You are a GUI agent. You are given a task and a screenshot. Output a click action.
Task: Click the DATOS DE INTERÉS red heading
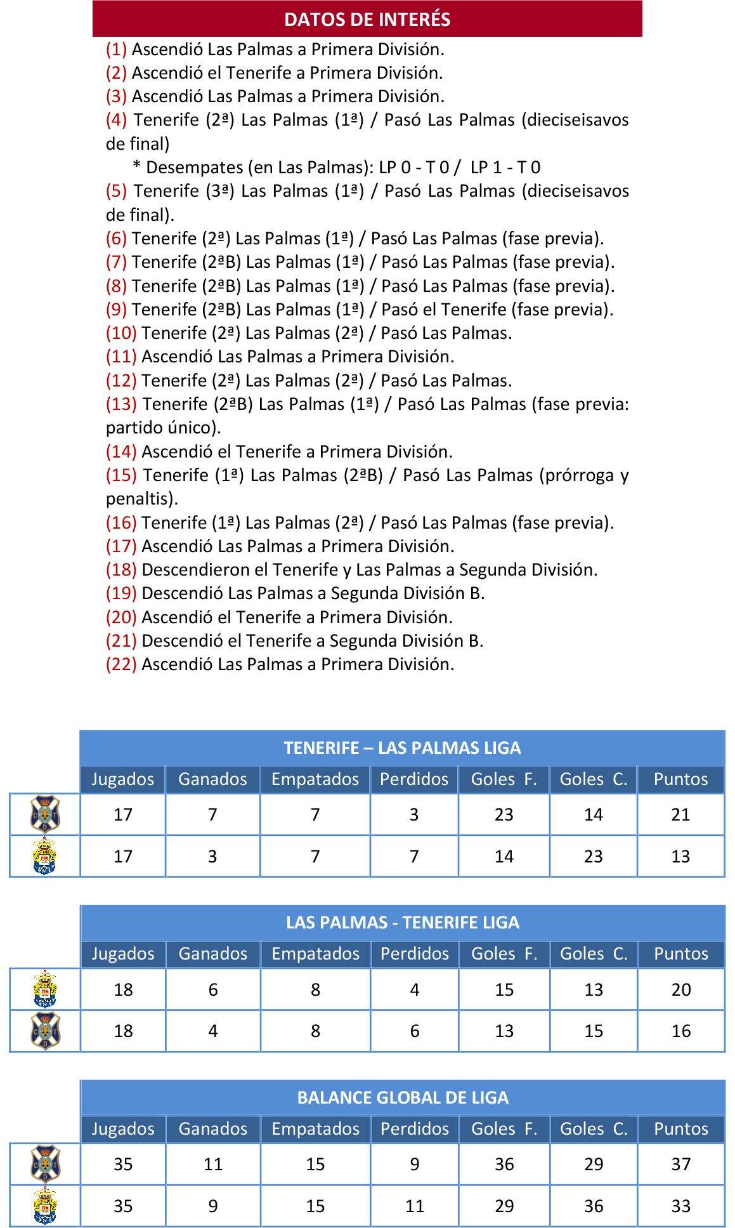click(367, 19)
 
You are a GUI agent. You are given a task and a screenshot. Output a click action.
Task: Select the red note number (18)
click(121, 569)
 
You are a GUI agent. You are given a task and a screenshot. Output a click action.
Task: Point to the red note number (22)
click(121, 664)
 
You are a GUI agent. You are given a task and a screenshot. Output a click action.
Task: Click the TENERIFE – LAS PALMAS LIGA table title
click(402, 748)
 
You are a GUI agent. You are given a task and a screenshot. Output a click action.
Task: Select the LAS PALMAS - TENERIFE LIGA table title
click(402, 922)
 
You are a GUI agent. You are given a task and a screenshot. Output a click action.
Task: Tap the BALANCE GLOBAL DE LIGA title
click(402, 1097)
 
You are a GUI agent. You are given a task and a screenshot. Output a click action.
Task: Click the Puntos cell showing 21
click(680, 814)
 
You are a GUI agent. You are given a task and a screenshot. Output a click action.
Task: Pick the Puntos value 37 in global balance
click(680, 1164)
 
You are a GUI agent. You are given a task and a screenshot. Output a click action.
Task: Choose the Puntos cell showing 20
click(680, 989)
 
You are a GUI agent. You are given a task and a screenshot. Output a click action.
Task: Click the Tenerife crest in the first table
click(45, 814)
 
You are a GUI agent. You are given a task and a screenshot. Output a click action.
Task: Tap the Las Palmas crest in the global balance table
click(45, 1205)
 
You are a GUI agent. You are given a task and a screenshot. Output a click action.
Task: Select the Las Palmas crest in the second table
click(45, 989)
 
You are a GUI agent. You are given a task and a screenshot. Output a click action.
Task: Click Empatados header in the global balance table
click(315, 1128)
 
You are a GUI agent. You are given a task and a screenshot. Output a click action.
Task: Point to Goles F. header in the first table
click(504, 779)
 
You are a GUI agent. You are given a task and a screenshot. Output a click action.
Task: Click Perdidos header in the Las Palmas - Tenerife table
click(414, 953)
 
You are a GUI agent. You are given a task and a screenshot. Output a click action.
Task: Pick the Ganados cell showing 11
click(212, 1164)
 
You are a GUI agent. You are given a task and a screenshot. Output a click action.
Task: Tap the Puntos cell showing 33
click(680, 1206)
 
